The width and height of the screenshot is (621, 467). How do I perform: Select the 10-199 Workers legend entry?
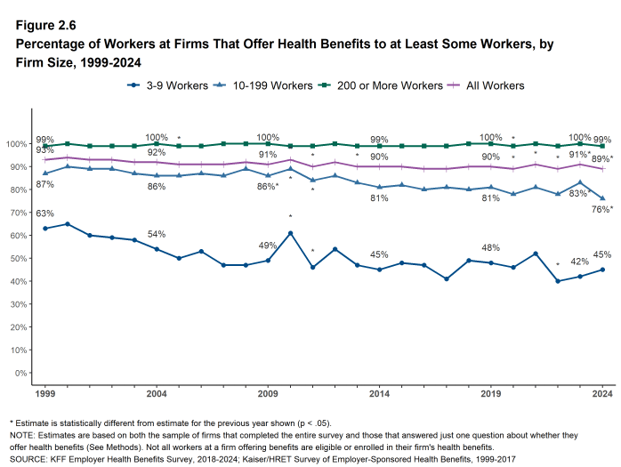pos(261,85)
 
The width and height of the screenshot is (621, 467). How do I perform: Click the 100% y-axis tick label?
pos(17,144)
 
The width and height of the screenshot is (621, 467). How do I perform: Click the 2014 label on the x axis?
pos(379,392)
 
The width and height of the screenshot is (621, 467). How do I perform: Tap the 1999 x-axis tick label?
pos(44,392)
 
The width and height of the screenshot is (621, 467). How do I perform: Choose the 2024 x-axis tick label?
pos(602,392)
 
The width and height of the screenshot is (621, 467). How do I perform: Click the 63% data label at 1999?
pos(44,214)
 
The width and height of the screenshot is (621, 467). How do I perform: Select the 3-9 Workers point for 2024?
pos(602,270)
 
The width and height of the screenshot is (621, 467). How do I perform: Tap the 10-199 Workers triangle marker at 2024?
pos(602,198)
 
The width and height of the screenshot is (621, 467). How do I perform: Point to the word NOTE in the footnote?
pos(22,436)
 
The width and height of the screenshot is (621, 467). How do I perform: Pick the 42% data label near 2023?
pos(580,262)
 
